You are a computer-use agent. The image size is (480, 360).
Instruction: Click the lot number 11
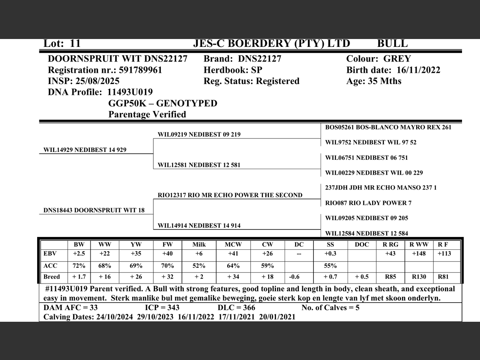coord(75,43)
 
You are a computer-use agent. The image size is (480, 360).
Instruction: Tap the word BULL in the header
coord(392,43)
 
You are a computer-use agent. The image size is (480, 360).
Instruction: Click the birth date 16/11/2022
coord(418,70)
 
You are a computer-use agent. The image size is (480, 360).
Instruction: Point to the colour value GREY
coord(397,59)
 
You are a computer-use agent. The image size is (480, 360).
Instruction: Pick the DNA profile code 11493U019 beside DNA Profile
coord(130,92)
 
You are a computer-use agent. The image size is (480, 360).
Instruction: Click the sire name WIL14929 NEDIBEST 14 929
coord(85,150)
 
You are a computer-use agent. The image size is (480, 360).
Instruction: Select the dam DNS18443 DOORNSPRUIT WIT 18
coord(94,210)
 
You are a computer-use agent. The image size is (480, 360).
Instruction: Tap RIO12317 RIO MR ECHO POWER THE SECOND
coord(230,195)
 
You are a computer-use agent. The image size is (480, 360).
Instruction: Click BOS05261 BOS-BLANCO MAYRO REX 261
coord(388,127)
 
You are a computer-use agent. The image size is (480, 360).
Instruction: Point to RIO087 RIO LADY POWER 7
coord(368,203)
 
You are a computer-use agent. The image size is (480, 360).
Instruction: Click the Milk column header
coord(199,244)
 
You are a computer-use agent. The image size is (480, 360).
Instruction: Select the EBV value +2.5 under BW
coord(79,254)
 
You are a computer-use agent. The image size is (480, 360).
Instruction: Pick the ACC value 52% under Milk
coord(199,266)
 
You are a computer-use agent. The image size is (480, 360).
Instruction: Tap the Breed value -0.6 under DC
coord(294,277)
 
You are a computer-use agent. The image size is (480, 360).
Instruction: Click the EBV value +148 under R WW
coord(419,254)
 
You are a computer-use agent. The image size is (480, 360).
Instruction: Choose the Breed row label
coord(51,277)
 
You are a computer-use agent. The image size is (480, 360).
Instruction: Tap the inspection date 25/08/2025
coord(97,81)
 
